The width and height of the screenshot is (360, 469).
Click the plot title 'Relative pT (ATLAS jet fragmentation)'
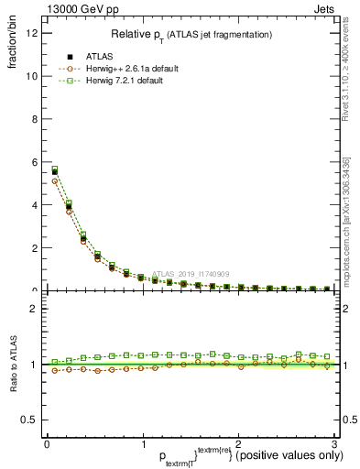pyautogui.click(x=191, y=34)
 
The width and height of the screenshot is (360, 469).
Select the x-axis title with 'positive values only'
pyautogui.click(x=189, y=455)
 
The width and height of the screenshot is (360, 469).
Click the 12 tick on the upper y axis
pyautogui.click(x=32, y=34)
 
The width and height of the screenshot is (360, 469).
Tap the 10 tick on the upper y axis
pyautogui.click(x=32, y=77)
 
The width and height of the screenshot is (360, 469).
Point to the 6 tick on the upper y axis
pyautogui.click(x=34, y=162)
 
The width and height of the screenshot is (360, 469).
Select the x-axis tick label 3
pyautogui.click(x=334, y=443)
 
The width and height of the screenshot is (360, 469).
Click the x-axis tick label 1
pyautogui.click(x=143, y=443)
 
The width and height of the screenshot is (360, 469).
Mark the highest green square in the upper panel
pyautogui.click(x=55, y=169)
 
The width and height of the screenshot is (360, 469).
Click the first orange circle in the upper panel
pyautogui.click(x=55, y=181)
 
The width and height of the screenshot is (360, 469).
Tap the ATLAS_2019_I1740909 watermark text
pyautogui.click(x=191, y=273)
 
